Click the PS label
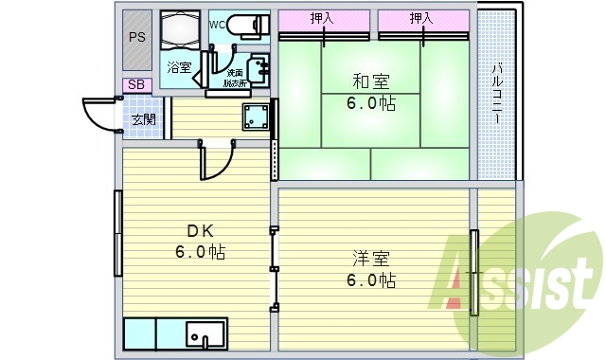click(x=136, y=39)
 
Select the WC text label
click(x=217, y=22)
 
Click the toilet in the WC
click(x=248, y=26)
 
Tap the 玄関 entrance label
click(x=144, y=119)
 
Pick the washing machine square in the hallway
click(x=254, y=118)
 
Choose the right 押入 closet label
click(x=422, y=18)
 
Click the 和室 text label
click(x=373, y=83)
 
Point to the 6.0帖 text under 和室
click(x=373, y=104)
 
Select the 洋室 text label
click(x=370, y=259)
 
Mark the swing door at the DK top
click(x=216, y=161)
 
